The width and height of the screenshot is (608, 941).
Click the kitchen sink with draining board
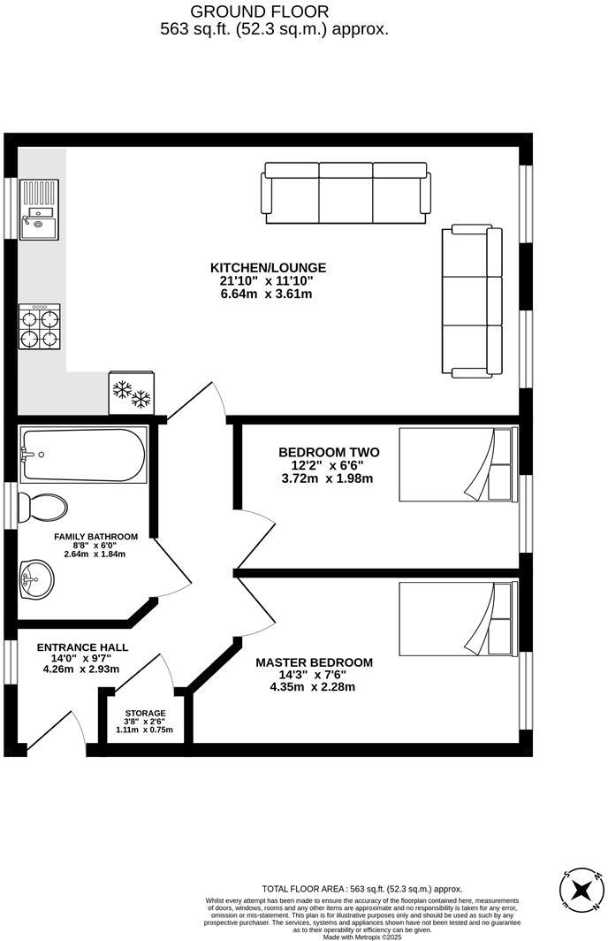click(39, 209)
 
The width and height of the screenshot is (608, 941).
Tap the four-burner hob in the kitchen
click(40, 328)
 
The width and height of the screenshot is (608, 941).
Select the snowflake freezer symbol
click(130, 393)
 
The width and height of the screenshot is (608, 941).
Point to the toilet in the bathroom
click(44, 508)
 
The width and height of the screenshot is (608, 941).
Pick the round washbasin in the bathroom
click(37, 579)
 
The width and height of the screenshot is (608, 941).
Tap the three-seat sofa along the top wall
click(346, 192)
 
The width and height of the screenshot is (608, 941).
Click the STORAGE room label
click(145, 713)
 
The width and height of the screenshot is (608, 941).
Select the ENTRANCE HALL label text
click(82, 647)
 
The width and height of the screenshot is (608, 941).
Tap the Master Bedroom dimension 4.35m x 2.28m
click(313, 687)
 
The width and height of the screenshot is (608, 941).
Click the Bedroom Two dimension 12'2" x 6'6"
click(322, 465)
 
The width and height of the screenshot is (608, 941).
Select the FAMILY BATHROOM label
click(95, 537)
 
